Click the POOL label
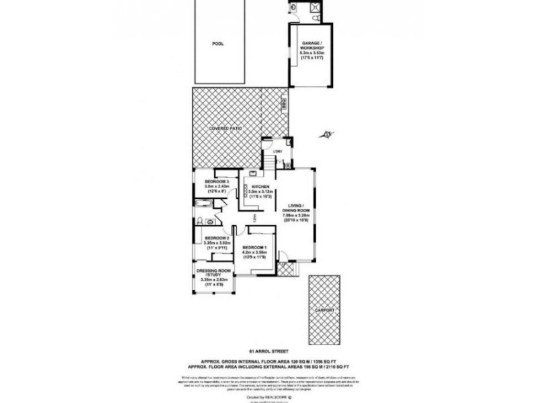pyautogui.click(x=217, y=44)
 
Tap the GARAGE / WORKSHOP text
pyautogui.click(x=313, y=45)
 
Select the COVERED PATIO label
pyautogui.click(x=226, y=128)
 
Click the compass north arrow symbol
pyautogui.click(x=328, y=134)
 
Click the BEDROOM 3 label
pyautogui.click(x=217, y=181)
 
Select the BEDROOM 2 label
pyautogui.click(x=217, y=238)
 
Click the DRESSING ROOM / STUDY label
pyautogui.click(x=213, y=273)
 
